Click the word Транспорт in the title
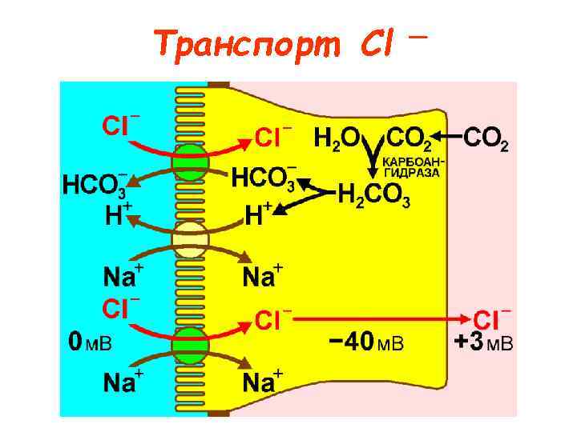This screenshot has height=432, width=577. [250, 42]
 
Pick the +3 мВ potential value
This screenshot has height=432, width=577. [483, 342]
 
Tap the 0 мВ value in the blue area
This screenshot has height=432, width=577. [90, 343]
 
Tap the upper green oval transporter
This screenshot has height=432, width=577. [191, 162]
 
